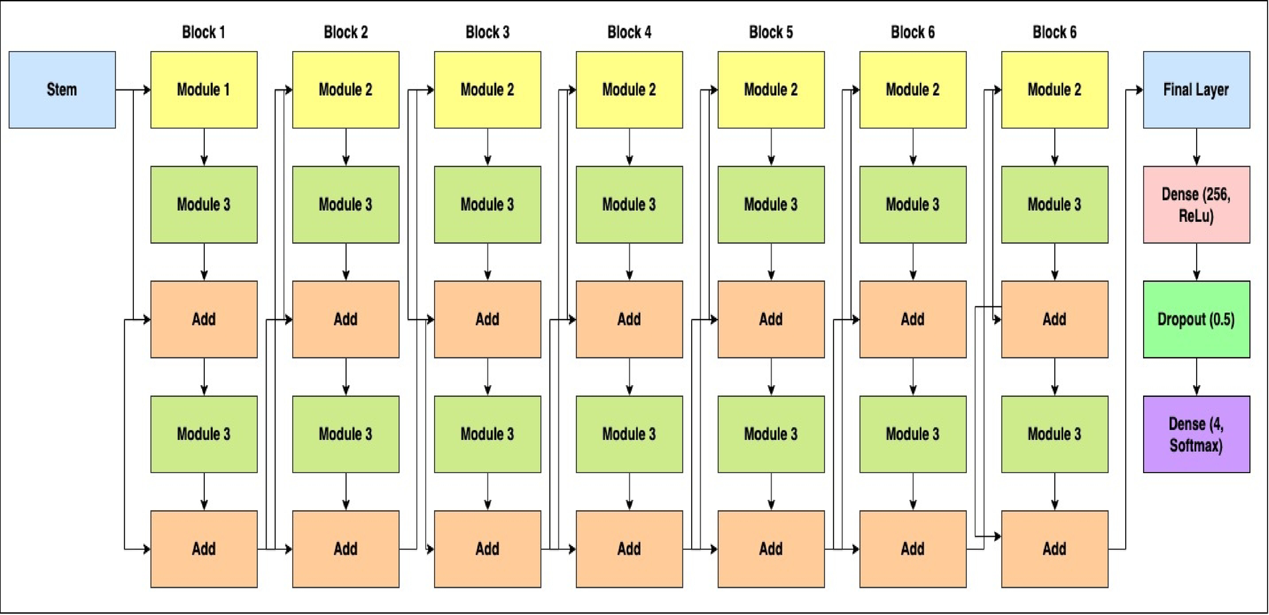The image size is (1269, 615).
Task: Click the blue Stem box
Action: pos(62,89)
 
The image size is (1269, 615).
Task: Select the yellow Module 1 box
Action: pos(203,89)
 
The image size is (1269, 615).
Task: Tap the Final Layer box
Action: pos(1196,89)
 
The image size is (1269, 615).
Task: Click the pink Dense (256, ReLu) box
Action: pos(1196,204)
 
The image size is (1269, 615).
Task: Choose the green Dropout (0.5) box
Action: pos(1196,319)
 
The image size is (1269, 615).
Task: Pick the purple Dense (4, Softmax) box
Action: pos(1196,434)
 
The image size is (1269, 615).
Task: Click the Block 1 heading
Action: pos(203,32)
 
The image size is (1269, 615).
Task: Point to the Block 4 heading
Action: pos(629,32)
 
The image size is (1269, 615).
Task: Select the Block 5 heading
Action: pos(771,32)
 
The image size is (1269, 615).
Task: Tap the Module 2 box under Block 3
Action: pos(487,89)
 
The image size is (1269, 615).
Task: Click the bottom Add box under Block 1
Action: pos(203,549)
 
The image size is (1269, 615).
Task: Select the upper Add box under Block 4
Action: pos(629,319)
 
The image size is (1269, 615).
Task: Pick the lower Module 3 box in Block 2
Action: pos(345,434)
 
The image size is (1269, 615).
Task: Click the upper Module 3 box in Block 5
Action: pos(771,204)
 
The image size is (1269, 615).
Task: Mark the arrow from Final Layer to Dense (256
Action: pos(1196,147)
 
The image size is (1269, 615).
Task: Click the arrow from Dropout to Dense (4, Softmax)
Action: pos(1196,377)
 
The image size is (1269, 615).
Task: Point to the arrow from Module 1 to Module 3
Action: pos(203,147)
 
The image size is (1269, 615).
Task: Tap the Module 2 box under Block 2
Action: pos(345,89)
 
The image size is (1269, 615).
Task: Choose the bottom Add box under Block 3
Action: pos(487,549)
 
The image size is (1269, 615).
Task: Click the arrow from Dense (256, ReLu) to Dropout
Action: pos(1196,262)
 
